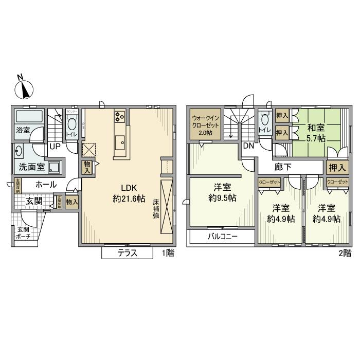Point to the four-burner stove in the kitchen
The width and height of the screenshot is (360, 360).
(119, 117)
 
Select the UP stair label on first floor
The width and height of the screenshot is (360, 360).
(53, 147)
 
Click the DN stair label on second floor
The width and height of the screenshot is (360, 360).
(248, 146)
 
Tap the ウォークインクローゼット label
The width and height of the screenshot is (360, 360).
(205, 125)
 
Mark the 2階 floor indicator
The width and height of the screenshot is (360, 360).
(344, 253)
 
